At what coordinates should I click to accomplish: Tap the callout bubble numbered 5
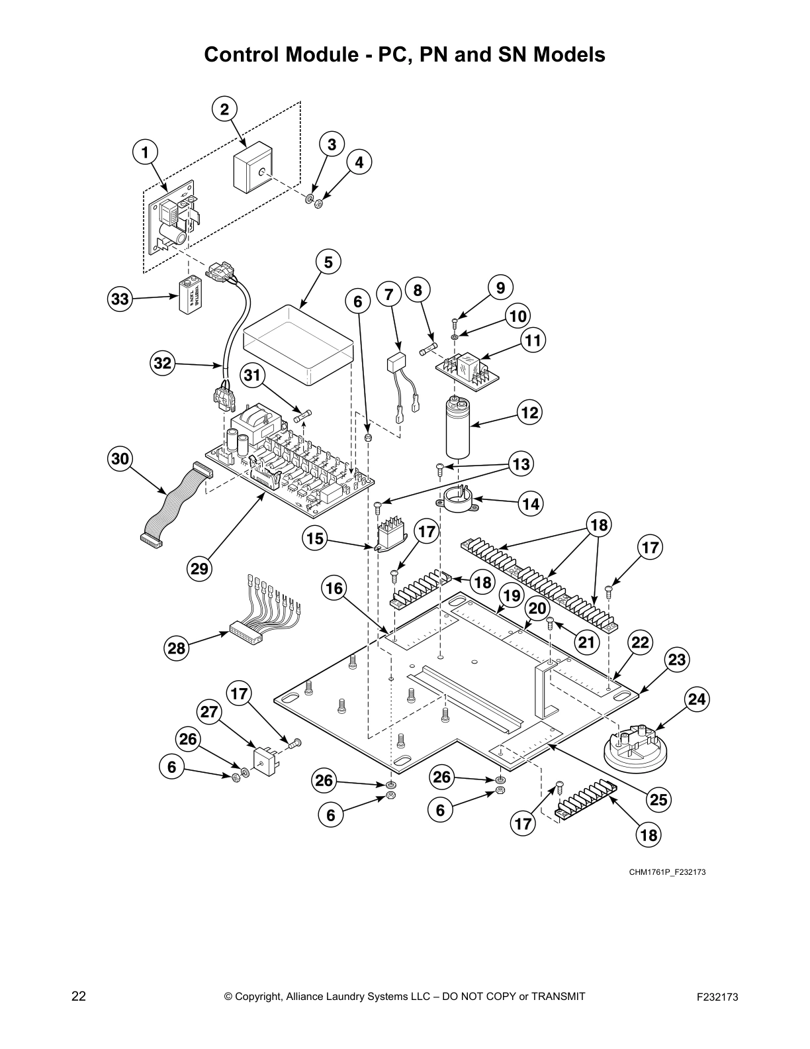[x=328, y=262]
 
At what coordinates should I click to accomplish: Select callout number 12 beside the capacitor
[x=529, y=413]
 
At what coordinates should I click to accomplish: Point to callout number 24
[x=696, y=699]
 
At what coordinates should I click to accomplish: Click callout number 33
[x=120, y=299]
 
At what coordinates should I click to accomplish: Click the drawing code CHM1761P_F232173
[x=667, y=872]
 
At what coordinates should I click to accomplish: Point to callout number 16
[x=335, y=587]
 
